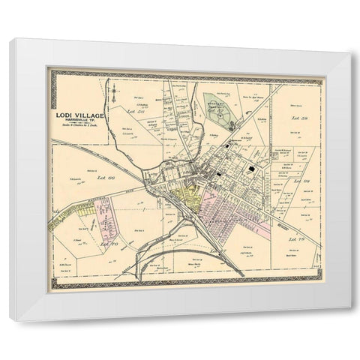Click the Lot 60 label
(103, 178)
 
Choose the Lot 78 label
(296, 238)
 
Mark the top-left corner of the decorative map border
(49, 70)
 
